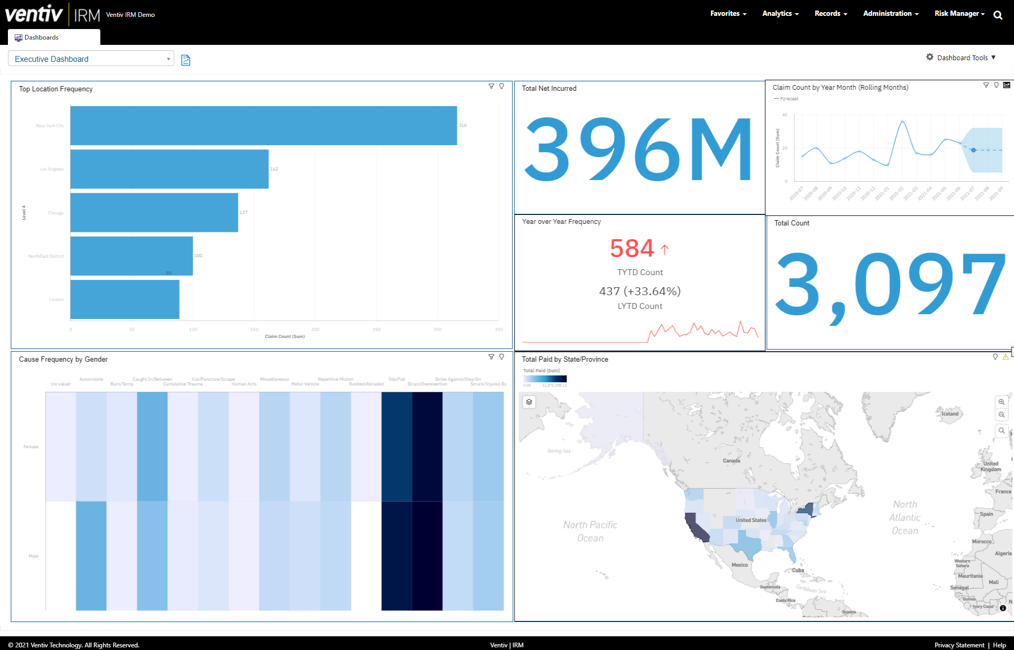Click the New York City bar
pyautogui.click(x=263, y=126)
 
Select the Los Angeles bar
pyautogui.click(x=169, y=169)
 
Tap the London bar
pyautogui.click(x=125, y=299)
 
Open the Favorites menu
pyautogui.click(x=728, y=14)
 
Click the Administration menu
pyautogui.click(x=890, y=14)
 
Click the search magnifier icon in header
pyautogui.click(x=998, y=15)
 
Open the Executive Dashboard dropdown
pyautogui.click(x=91, y=59)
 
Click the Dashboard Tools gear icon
pyautogui.click(x=929, y=57)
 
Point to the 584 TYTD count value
pyautogui.click(x=632, y=249)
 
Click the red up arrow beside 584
pyautogui.click(x=664, y=249)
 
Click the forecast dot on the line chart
pyautogui.click(x=973, y=150)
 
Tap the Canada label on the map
pyautogui.click(x=731, y=461)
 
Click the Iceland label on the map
pyautogui.click(x=950, y=414)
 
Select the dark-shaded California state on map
pyautogui.click(x=696, y=527)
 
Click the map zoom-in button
pyautogui.click(x=1001, y=402)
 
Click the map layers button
pyautogui.click(x=529, y=402)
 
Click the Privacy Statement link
pyautogui.click(x=959, y=645)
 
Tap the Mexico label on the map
pyautogui.click(x=739, y=565)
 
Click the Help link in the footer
pyautogui.click(x=999, y=645)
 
